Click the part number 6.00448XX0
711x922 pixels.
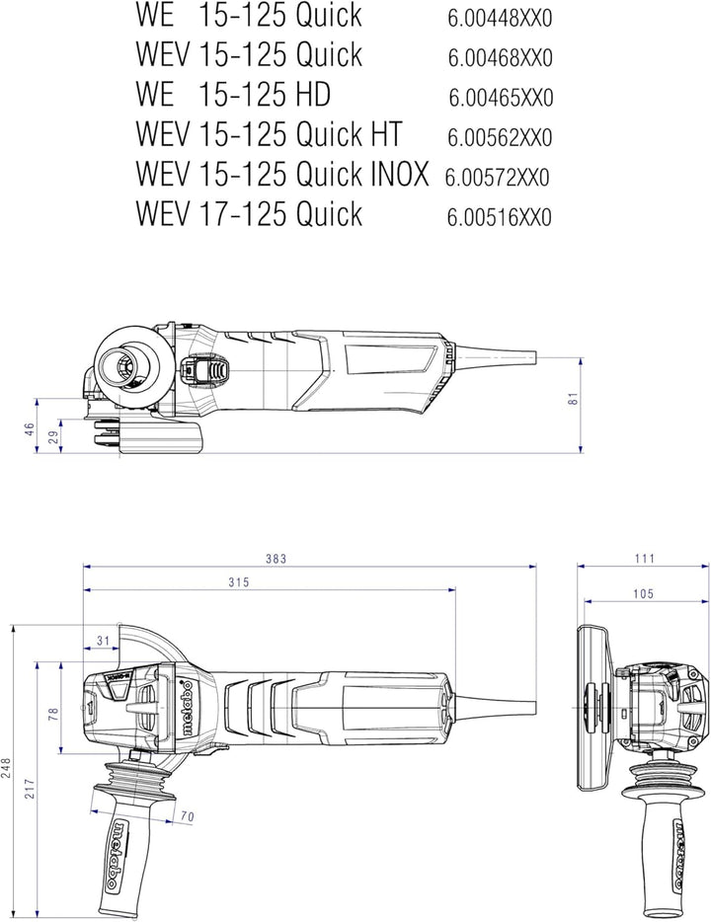coord(500,19)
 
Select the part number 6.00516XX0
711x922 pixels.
coord(500,217)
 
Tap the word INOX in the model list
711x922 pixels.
coord(400,174)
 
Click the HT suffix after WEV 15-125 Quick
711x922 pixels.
coord(386,133)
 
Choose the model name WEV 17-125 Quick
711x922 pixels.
coord(249,213)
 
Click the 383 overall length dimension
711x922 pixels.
coord(276,558)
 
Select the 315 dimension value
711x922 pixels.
coord(239,582)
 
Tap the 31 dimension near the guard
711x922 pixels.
coord(104,641)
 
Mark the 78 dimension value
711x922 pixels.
coord(53,715)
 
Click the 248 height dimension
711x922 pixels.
coord(6,768)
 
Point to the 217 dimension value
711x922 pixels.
coord(30,789)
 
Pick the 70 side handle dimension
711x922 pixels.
coord(187,816)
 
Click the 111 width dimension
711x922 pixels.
coord(645,558)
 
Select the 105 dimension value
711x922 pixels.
coord(643,594)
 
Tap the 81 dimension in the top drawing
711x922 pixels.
coord(574,398)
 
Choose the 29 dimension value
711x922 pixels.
coord(54,437)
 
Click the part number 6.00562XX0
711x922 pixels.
coord(500,138)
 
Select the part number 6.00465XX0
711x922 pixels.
coord(501,98)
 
